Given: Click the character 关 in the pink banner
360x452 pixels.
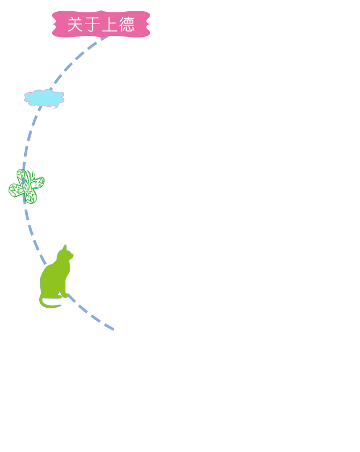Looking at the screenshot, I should point(75,24).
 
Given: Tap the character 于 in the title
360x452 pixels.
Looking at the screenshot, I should point(92,24).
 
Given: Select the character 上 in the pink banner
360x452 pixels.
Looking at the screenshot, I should point(109,24).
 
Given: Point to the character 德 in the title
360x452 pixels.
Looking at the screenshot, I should point(127,24).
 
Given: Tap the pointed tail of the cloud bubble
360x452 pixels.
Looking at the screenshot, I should point(40,108).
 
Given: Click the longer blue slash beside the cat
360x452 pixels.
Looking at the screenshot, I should point(43,260).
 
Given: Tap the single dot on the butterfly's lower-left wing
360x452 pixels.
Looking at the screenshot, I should point(12,188).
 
